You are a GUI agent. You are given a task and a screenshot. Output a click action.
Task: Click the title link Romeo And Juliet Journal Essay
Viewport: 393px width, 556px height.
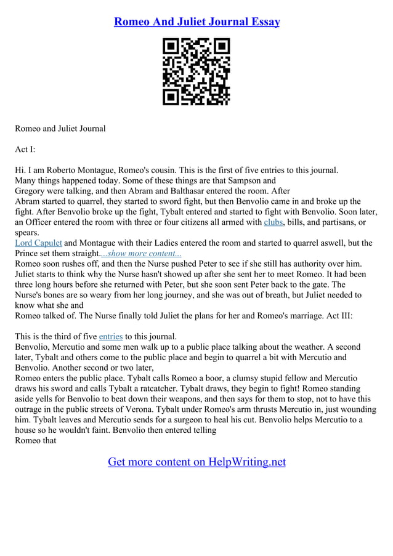coord(197,22)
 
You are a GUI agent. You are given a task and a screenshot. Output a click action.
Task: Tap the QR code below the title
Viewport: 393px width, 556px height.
coord(196,71)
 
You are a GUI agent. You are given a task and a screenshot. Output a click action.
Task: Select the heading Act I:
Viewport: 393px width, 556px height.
coord(25,149)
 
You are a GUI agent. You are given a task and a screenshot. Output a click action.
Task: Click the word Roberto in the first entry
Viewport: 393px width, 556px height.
coord(65,170)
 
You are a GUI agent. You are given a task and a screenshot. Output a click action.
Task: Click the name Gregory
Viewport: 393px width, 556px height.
coord(32,191)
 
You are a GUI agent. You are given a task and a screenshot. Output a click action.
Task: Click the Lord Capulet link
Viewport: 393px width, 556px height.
coord(38,243)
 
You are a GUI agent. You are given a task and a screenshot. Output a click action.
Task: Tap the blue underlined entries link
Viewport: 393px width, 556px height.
coord(111,336)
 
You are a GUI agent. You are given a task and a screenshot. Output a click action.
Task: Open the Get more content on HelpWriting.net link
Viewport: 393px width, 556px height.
coord(197,461)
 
